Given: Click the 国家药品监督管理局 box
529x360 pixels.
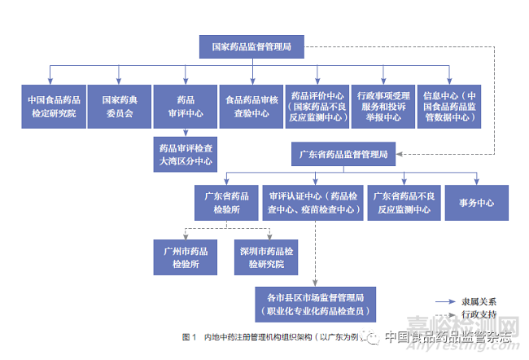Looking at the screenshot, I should click(x=251, y=47).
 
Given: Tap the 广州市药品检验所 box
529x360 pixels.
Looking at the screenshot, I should click(x=185, y=257).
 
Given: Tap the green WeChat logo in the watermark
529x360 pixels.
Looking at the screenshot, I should click(x=371, y=335).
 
